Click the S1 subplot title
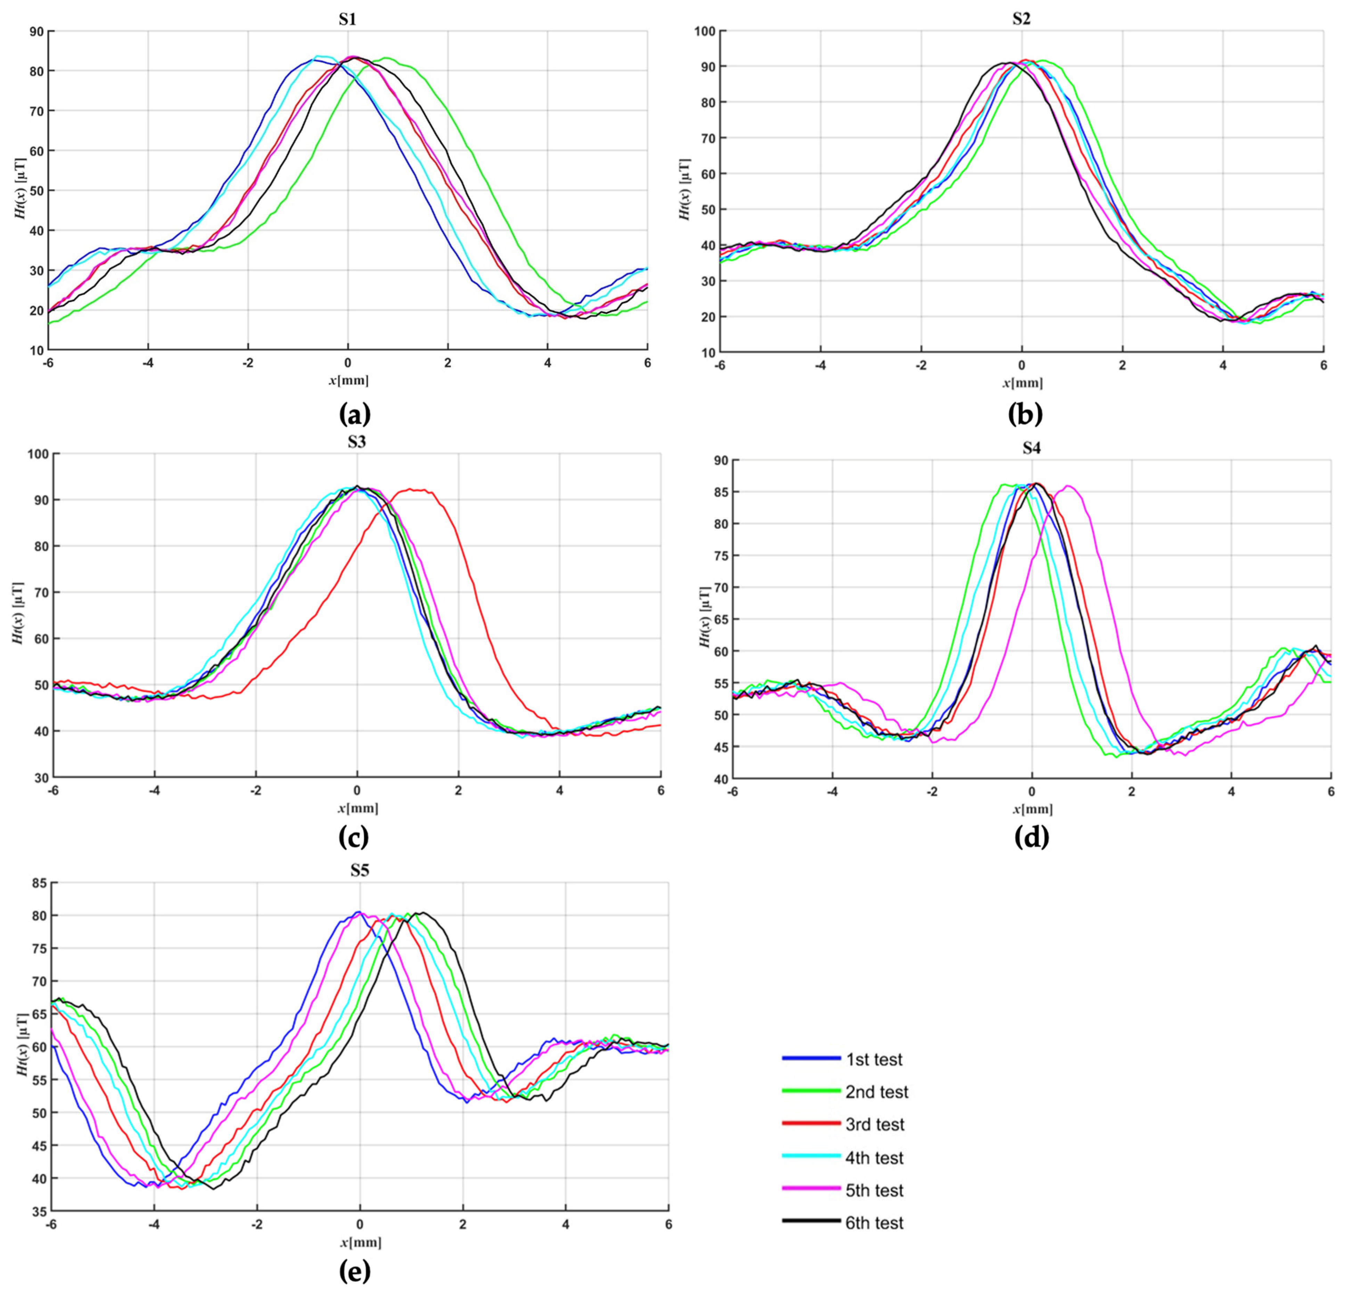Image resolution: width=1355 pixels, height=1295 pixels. click(x=347, y=19)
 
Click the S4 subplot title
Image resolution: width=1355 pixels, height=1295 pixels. click(x=1031, y=448)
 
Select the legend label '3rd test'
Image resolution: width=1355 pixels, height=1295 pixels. click(x=874, y=1124)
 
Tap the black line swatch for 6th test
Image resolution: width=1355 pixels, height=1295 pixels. click(x=811, y=1220)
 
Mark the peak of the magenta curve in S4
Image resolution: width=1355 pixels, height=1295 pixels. click(x=1068, y=486)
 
